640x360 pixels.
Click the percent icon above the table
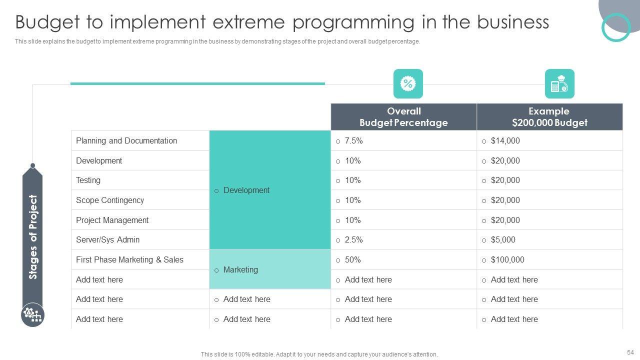pyautogui.click(x=408, y=83)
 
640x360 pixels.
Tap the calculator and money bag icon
pyautogui.click(x=559, y=83)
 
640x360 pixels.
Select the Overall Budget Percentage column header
pyautogui.click(x=403, y=117)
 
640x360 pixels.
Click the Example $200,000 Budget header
pyautogui.click(x=549, y=117)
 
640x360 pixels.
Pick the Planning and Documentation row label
pyautogui.click(x=126, y=140)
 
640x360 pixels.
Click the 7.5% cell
pyautogui.click(x=353, y=141)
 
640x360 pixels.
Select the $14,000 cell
pyautogui.click(x=505, y=141)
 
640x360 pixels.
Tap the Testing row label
pyautogui.click(x=88, y=180)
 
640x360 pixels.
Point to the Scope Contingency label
pyautogui.click(x=110, y=200)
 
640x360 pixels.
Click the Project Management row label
pyautogui.click(x=112, y=220)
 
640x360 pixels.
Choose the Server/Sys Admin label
pyautogui.click(x=107, y=239)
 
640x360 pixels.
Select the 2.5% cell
pyautogui.click(x=353, y=240)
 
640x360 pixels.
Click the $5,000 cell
pyautogui.click(x=503, y=240)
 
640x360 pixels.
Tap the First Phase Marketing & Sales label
pyautogui.click(x=129, y=259)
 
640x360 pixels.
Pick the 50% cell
pyautogui.click(x=352, y=259)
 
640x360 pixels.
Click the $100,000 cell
pyautogui.click(x=507, y=259)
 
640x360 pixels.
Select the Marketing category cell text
pyautogui.click(x=240, y=269)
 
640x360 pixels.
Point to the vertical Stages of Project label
pyautogui.click(x=33, y=236)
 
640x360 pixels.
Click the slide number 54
pyautogui.click(x=629, y=352)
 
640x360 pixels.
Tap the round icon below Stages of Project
pyautogui.click(x=33, y=315)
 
